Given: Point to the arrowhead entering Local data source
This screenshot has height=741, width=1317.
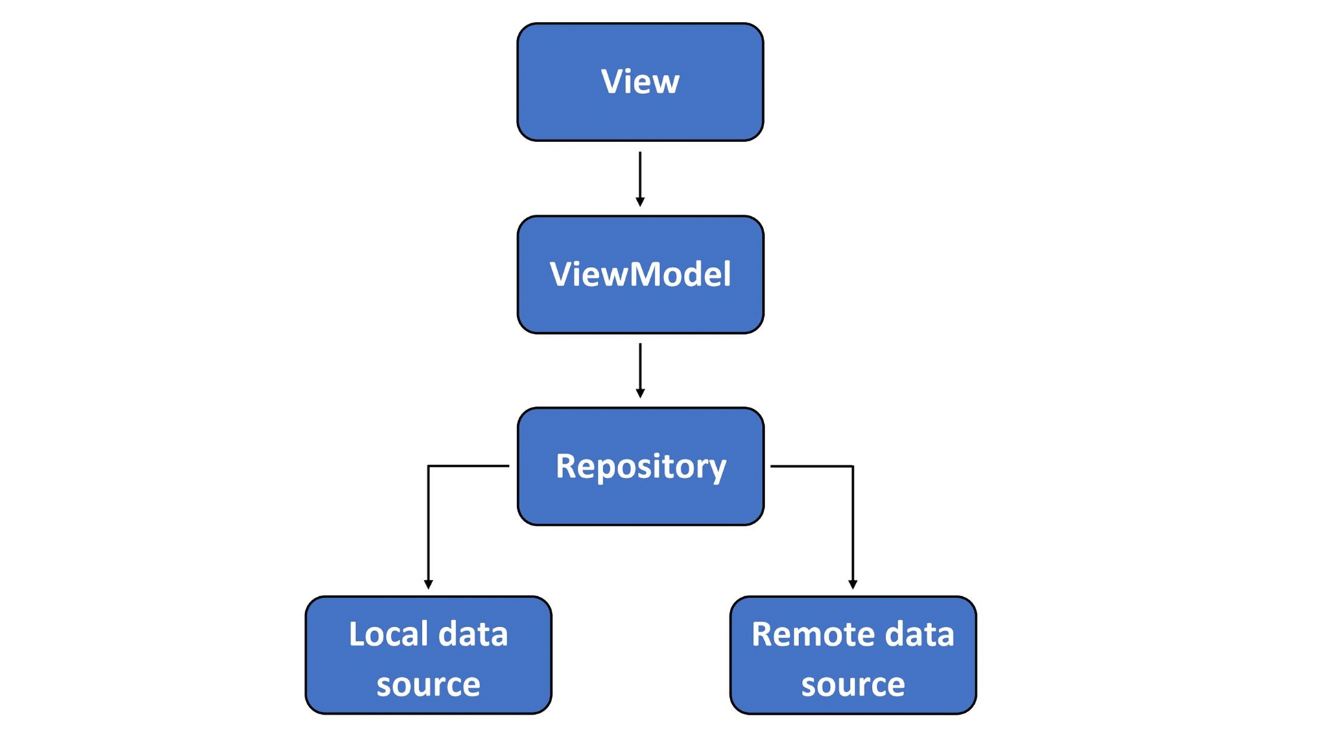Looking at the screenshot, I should point(428,584).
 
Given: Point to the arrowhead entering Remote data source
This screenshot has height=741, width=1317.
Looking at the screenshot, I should point(853,584).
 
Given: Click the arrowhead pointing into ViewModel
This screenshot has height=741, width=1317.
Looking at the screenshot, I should point(640,201).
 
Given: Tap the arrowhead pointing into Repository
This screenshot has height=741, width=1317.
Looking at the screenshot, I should point(640,393).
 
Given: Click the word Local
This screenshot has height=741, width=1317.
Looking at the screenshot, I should point(388,634).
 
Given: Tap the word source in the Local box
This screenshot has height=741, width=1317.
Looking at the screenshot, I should point(428,685).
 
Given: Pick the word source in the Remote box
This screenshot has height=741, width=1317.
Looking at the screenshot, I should point(853,685).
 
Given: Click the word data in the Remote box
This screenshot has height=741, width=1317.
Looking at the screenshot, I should point(919,634).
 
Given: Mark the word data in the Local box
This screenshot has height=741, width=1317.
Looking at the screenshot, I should point(473,634).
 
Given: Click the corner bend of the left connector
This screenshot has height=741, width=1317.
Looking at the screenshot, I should point(428,467).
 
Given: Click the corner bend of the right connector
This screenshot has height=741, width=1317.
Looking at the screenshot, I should point(853,467).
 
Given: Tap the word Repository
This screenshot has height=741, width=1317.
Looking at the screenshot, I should point(640,467).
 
